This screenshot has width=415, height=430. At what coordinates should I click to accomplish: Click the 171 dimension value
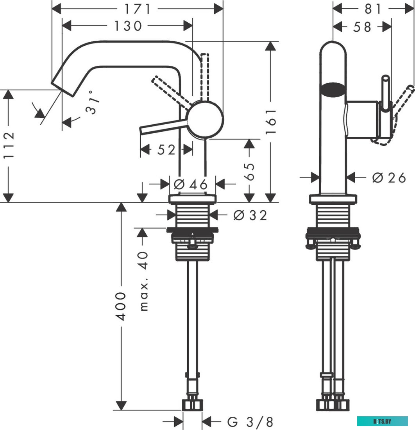click(x=138, y=9)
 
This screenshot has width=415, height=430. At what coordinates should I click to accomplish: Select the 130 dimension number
click(x=128, y=26)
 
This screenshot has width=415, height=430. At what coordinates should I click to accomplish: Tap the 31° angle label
click(x=92, y=102)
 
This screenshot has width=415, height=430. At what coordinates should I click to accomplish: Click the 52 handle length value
click(x=166, y=150)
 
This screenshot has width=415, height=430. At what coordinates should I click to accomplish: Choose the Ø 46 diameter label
click(x=191, y=184)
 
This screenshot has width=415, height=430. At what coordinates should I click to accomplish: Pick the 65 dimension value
click(x=249, y=172)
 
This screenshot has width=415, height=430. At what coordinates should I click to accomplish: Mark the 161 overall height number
click(x=270, y=121)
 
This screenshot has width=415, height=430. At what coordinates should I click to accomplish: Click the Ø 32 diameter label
click(x=250, y=215)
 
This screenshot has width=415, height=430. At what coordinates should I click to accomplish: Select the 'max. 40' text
click(x=144, y=281)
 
